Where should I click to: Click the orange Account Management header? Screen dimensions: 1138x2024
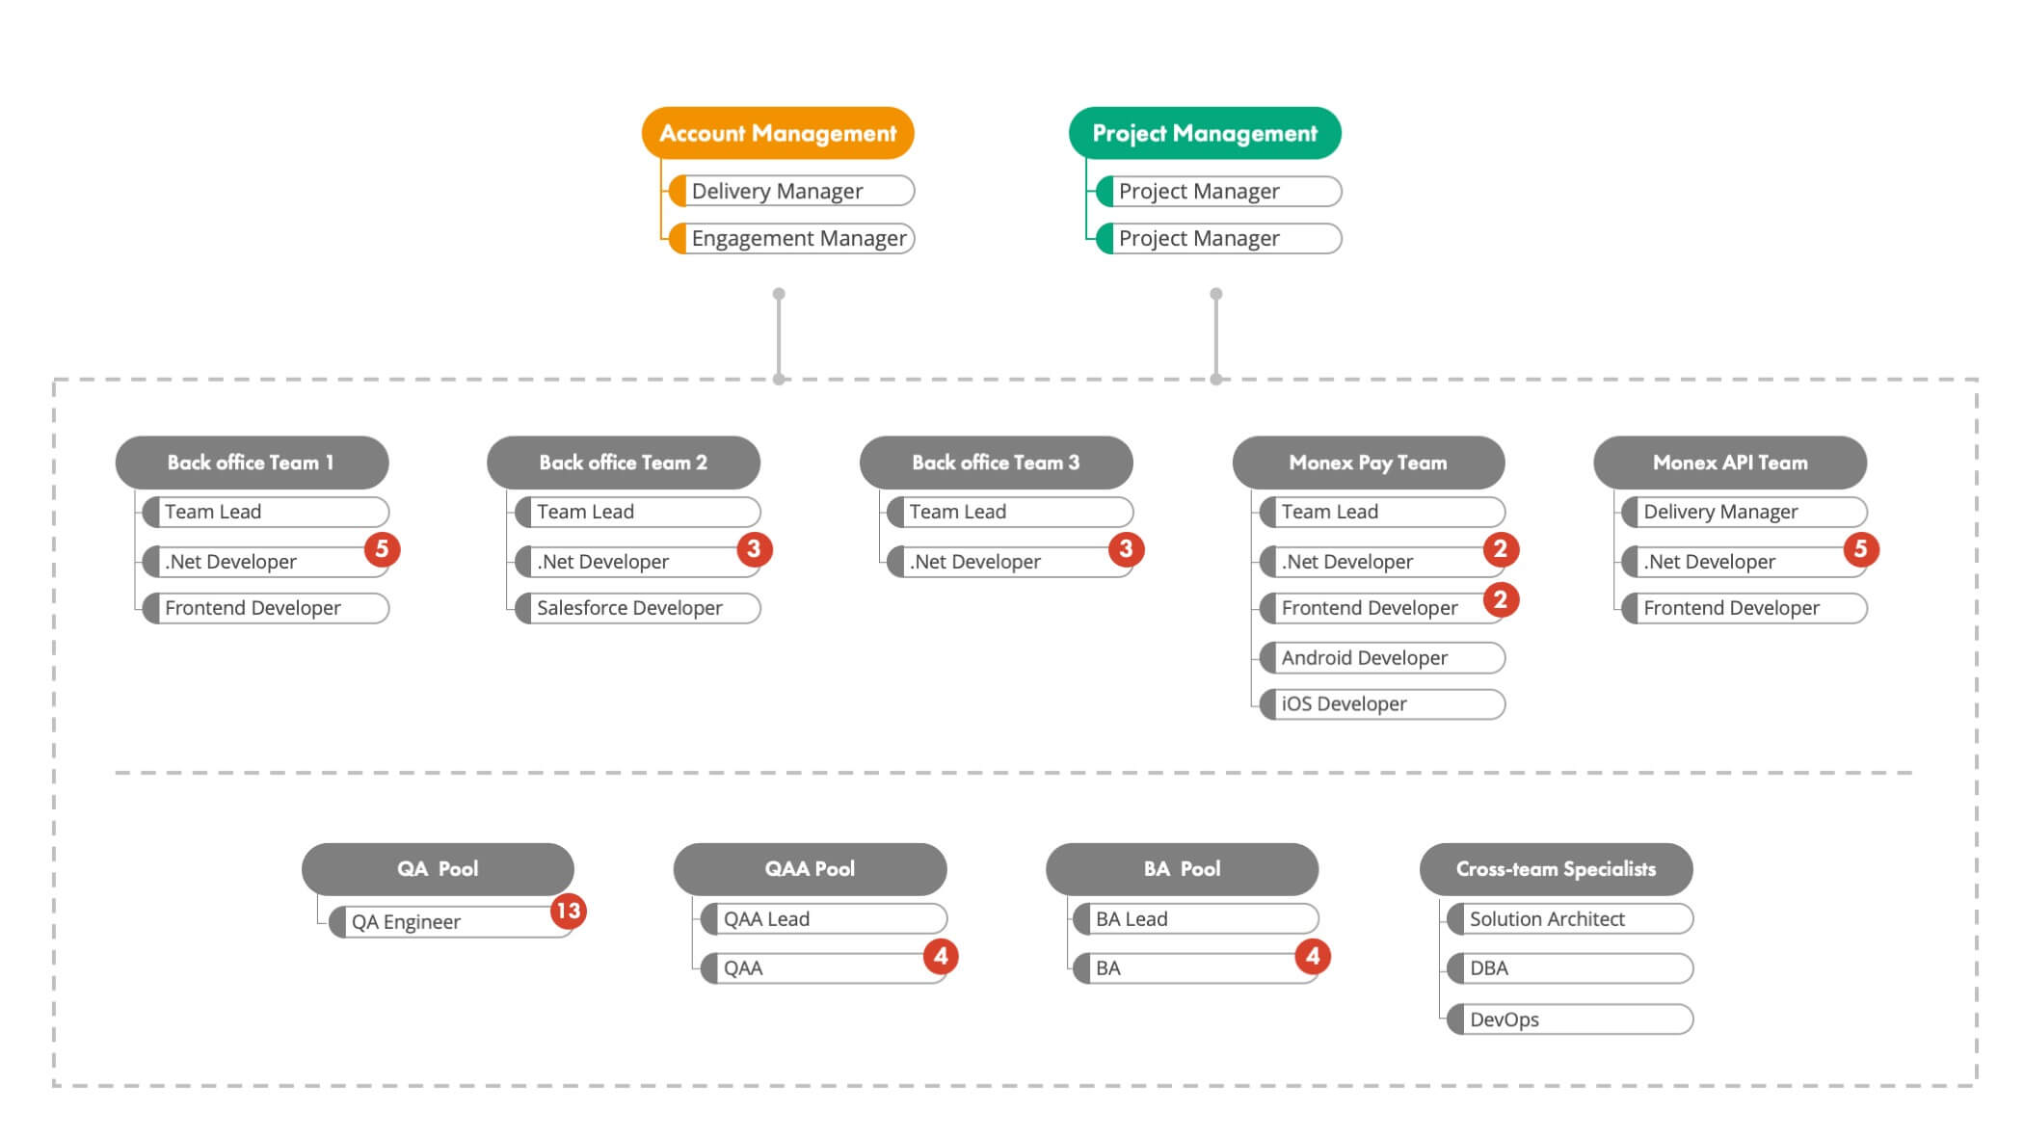(x=778, y=133)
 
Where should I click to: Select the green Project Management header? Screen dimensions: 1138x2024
(x=1205, y=133)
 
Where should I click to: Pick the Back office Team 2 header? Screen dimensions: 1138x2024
(x=623, y=463)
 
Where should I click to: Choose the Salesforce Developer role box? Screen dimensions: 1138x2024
(x=637, y=608)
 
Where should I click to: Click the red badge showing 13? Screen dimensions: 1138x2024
(x=568, y=911)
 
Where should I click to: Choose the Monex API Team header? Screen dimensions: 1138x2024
(x=1730, y=463)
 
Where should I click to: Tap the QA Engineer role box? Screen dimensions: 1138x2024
(x=448, y=922)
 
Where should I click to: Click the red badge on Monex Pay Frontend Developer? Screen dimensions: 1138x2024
(x=1500, y=599)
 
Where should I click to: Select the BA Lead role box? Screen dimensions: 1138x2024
(x=1195, y=919)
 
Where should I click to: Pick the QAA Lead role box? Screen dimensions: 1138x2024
(x=823, y=919)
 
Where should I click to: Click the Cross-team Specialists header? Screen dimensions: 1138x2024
(x=1556, y=869)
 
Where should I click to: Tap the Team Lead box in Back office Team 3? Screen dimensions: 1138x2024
(x=1009, y=512)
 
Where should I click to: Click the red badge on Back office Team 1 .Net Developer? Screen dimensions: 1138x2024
(x=382, y=549)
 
